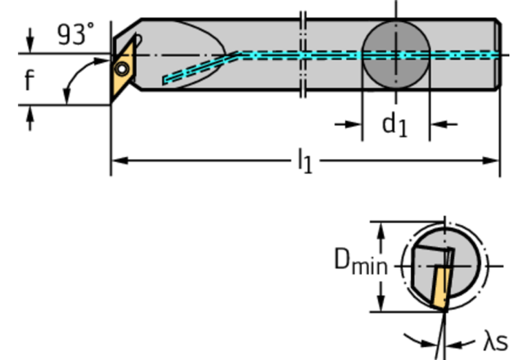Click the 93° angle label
[x=75, y=34]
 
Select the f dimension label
[x=29, y=81]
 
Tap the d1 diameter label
[x=394, y=125]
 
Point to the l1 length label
[x=304, y=162]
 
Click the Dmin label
[x=360, y=262]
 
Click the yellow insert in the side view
[x=123, y=69]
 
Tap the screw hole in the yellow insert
[x=122, y=69]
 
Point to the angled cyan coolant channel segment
[x=200, y=66]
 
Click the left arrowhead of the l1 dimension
[x=118, y=161]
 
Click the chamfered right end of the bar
[x=498, y=54]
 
